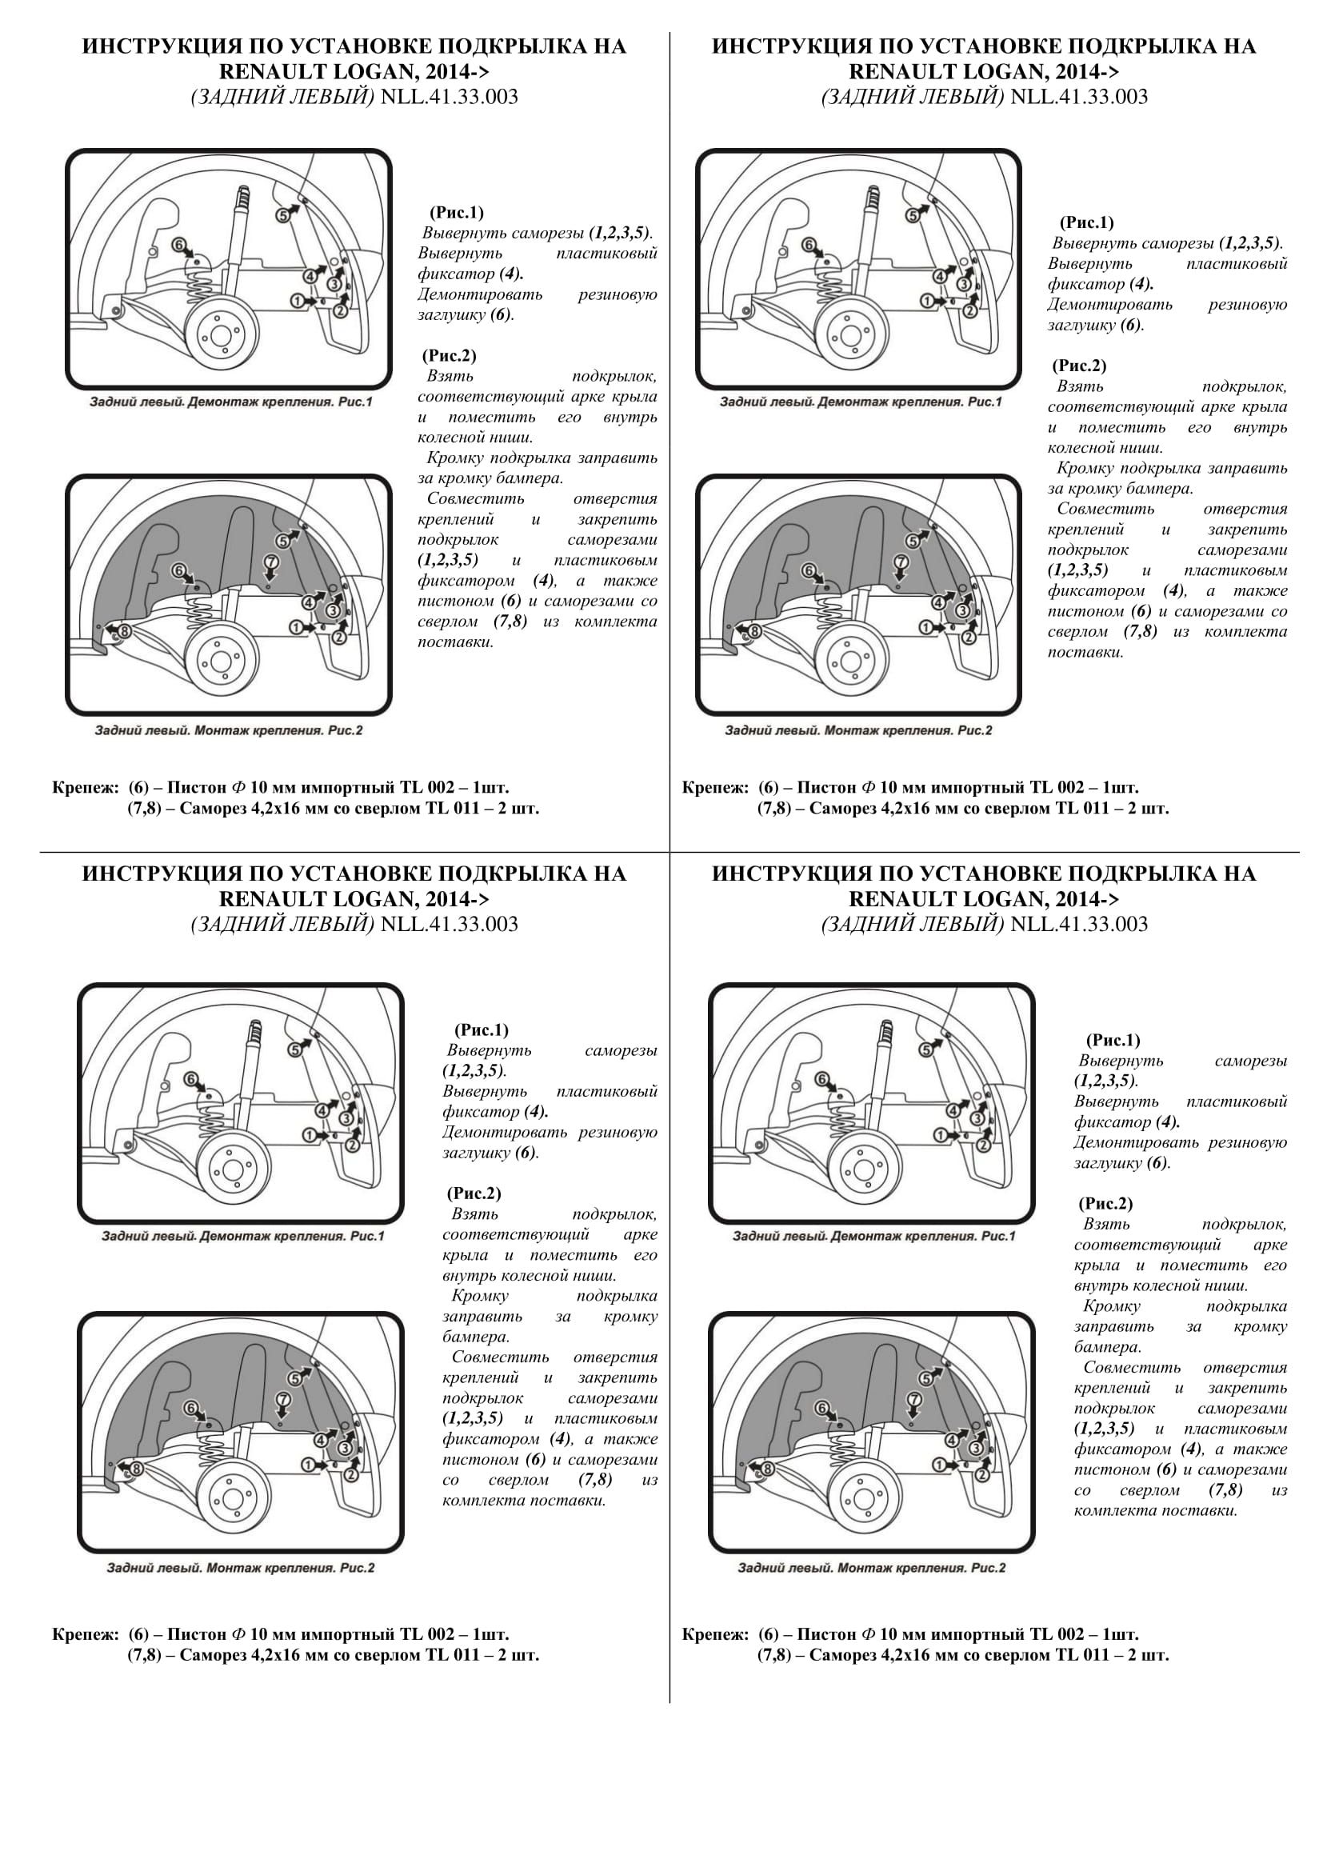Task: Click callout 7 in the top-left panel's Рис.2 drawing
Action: (271, 562)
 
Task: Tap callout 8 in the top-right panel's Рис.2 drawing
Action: (754, 630)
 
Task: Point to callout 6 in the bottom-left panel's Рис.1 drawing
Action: (190, 1080)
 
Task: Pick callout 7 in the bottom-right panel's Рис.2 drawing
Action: (913, 1399)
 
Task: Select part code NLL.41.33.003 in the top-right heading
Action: (1078, 97)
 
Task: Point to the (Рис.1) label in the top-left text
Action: (456, 213)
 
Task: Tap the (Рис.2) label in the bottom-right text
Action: (1105, 1204)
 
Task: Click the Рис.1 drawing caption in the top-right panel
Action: (861, 402)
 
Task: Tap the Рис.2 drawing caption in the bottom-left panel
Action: (240, 1569)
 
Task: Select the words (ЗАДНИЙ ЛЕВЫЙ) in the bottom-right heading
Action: (913, 924)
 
